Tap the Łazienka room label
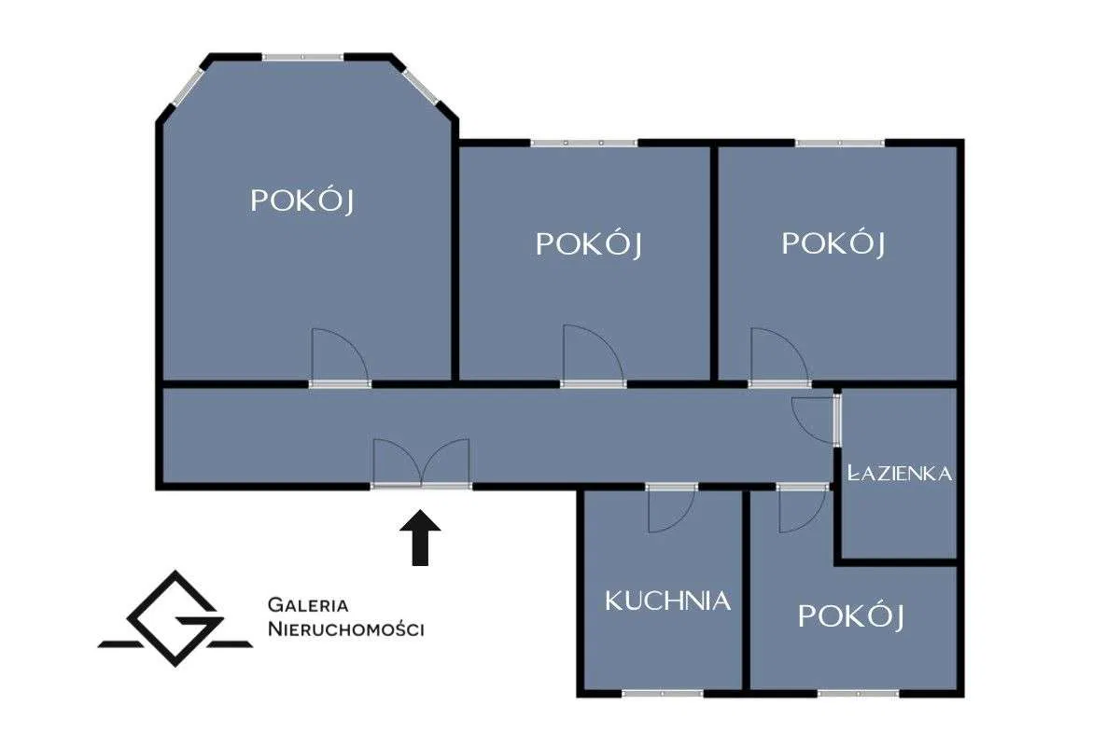pyautogui.click(x=900, y=473)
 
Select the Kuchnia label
pyautogui.click(x=667, y=601)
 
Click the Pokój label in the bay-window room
pyautogui.click(x=303, y=200)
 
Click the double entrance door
pyautogui.click(x=421, y=463)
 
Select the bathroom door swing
pyautogui.click(x=813, y=419)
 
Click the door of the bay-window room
pyautogui.click(x=338, y=358)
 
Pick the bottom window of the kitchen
pyautogui.click(x=663, y=693)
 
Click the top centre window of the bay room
pyautogui.click(x=303, y=58)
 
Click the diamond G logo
pyautogui.click(x=175, y=617)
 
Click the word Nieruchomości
pyautogui.click(x=345, y=629)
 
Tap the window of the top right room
pyautogui.click(x=840, y=143)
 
